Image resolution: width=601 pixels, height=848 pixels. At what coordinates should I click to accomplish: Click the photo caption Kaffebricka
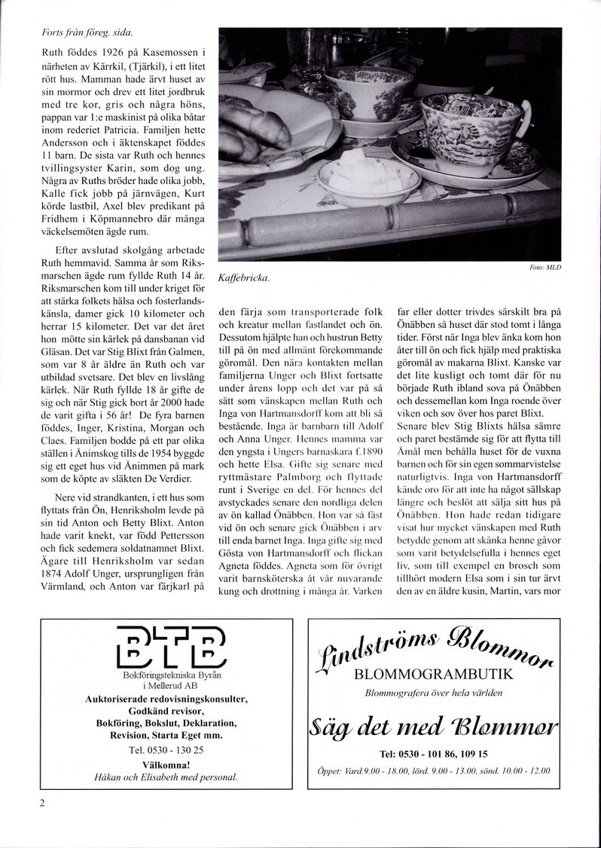243,278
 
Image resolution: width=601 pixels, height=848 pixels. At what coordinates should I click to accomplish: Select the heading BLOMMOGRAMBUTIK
433,675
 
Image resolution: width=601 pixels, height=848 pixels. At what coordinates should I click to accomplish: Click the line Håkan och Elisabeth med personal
166,776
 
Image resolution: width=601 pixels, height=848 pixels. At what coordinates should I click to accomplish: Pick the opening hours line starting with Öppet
433,771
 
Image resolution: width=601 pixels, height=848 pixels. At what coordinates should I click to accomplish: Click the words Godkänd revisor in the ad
166,711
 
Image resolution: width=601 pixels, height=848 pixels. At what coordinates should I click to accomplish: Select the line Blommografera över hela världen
433,692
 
